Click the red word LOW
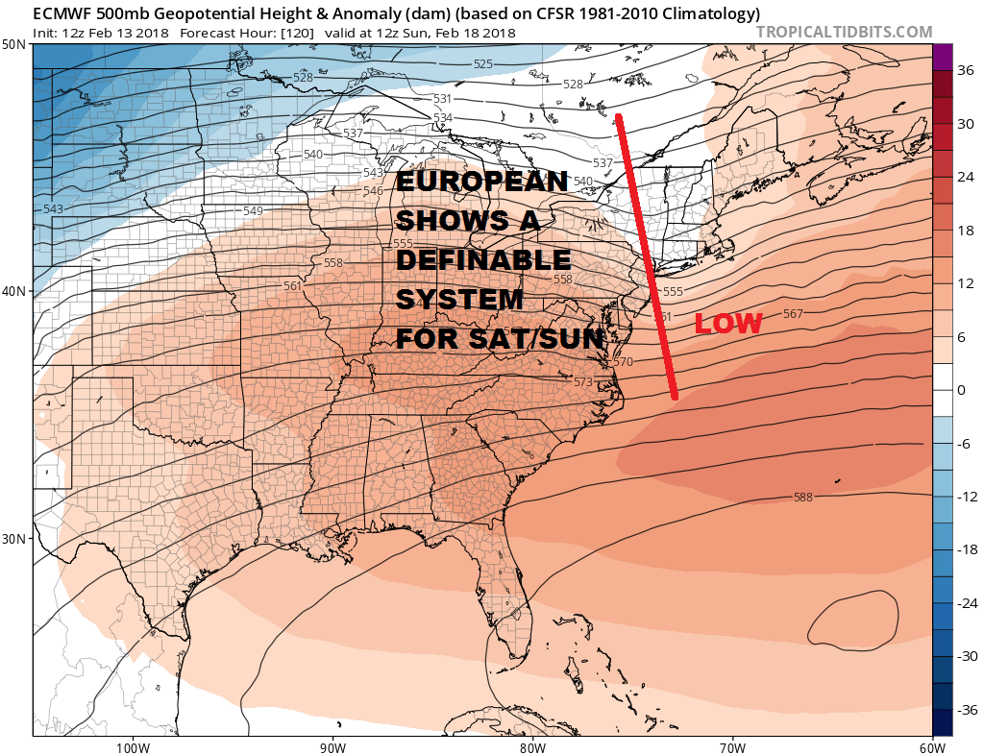(727, 325)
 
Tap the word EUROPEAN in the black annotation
(482, 183)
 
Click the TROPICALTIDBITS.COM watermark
(844, 32)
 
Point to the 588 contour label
(804, 498)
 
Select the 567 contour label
(794, 314)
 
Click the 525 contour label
(483, 64)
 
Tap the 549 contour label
(253, 211)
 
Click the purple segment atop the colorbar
(942, 57)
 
